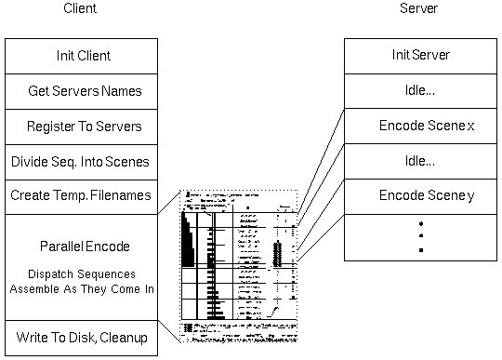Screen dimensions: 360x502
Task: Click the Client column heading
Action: coord(80,9)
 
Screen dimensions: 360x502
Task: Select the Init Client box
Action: coord(79,56)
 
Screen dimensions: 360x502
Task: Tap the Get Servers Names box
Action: coord(79,91)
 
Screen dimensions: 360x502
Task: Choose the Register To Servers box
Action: coord(79,126)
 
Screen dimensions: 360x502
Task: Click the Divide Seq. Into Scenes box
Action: coord(79,161)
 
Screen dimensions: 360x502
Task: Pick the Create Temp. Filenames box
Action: coord(79,196)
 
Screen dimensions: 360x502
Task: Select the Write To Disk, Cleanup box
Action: coord(79,337)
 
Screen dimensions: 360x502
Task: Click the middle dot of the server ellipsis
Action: coord(420,237)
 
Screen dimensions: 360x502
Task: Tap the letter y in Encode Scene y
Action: coord(470,196)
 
